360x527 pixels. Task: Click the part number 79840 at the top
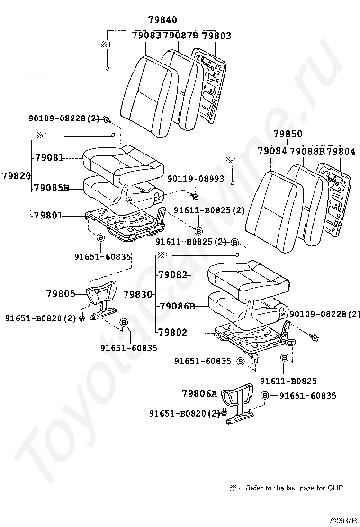click(162, 20)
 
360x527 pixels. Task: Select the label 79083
click(147, 36)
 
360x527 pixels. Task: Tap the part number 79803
click(216, 36)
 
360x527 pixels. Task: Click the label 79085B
click(51, 188)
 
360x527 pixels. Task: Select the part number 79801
click(48, 216)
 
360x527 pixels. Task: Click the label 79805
click(61, 294)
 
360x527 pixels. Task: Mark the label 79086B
click(177, 306)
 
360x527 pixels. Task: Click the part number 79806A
click(199, 393)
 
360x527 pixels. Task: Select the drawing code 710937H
click(343, 520)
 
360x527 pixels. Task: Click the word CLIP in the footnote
click(335, 488)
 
